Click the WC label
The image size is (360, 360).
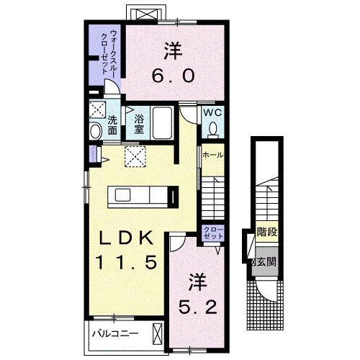[212, 112]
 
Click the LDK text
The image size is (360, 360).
[128, 238]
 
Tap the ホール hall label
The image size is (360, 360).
[212, 155]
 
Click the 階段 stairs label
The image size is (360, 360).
[267, 233]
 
